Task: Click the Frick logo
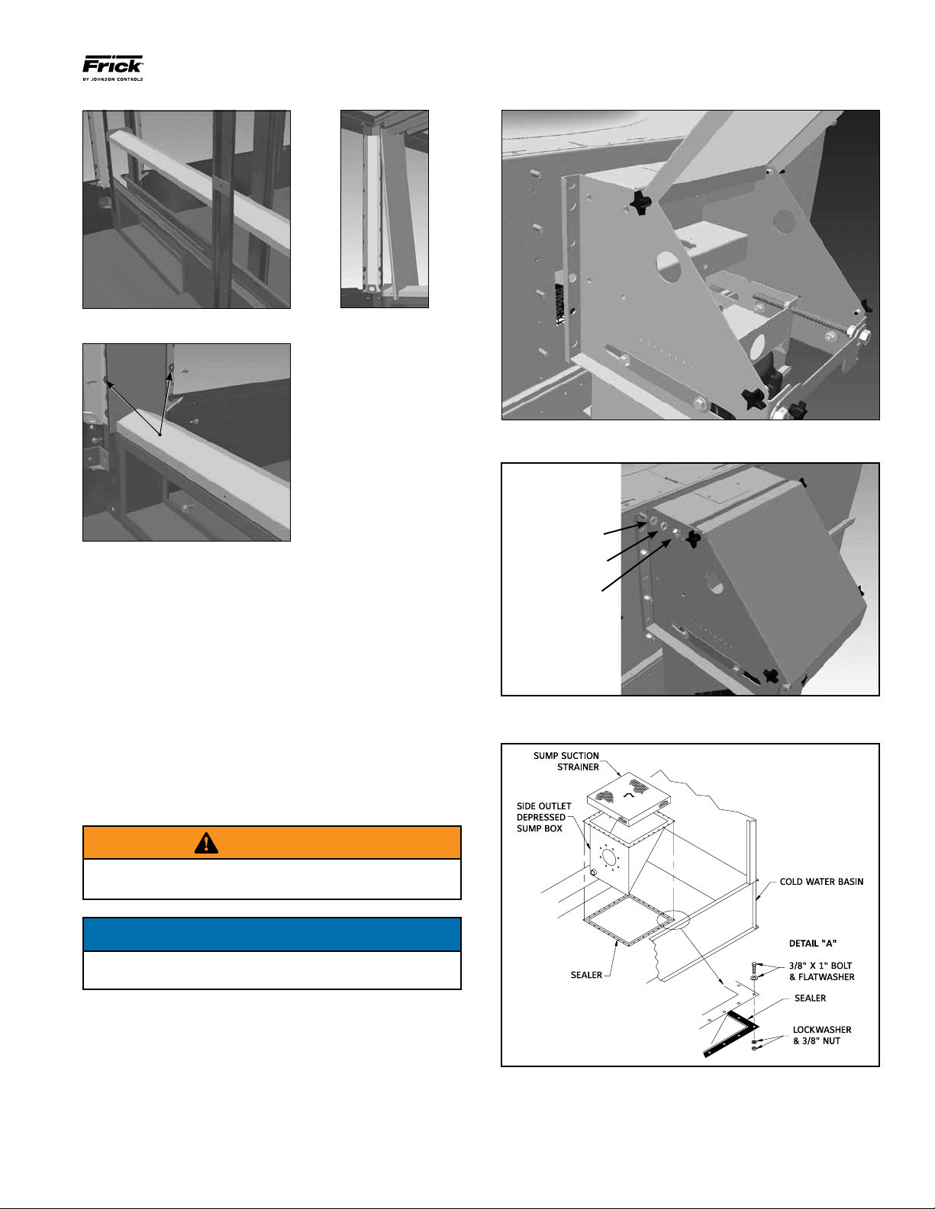click(112, 66)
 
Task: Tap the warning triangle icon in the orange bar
click(206, 843)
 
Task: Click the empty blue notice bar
click(272, 934)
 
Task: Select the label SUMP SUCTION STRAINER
click(566, 761)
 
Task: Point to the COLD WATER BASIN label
click(821, 882)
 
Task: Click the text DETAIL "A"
click(813, 944)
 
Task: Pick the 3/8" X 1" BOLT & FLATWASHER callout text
click(821, 971)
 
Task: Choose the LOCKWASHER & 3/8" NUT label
click(821, 1035)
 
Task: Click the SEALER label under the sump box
click(586, 975)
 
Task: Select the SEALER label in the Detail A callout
click(810, 998)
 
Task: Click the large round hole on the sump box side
click(609, 858)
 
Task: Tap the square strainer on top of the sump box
click(628, 797)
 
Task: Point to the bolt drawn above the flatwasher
click(754, 967)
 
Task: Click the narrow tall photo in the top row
click(384, 209)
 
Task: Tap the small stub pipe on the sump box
click(592, 872)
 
